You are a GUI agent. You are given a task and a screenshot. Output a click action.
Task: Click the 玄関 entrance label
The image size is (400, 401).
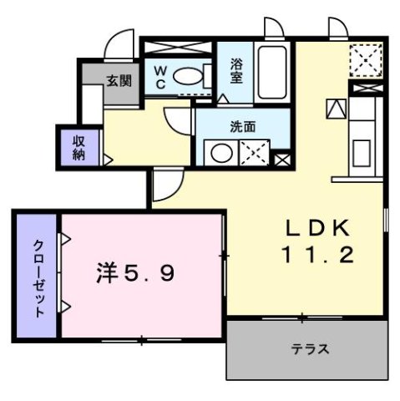119,81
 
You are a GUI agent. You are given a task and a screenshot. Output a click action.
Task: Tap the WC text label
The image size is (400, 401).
160,76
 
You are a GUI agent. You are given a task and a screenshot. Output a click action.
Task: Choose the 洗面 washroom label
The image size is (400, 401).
243,128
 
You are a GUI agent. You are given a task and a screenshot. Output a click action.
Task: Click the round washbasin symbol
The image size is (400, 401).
220,153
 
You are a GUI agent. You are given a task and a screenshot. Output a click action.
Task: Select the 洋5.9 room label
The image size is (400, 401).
135,274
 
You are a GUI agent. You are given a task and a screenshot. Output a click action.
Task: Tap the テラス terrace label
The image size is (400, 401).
308,349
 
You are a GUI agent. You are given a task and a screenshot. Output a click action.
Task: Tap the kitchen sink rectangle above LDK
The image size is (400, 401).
363,155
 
